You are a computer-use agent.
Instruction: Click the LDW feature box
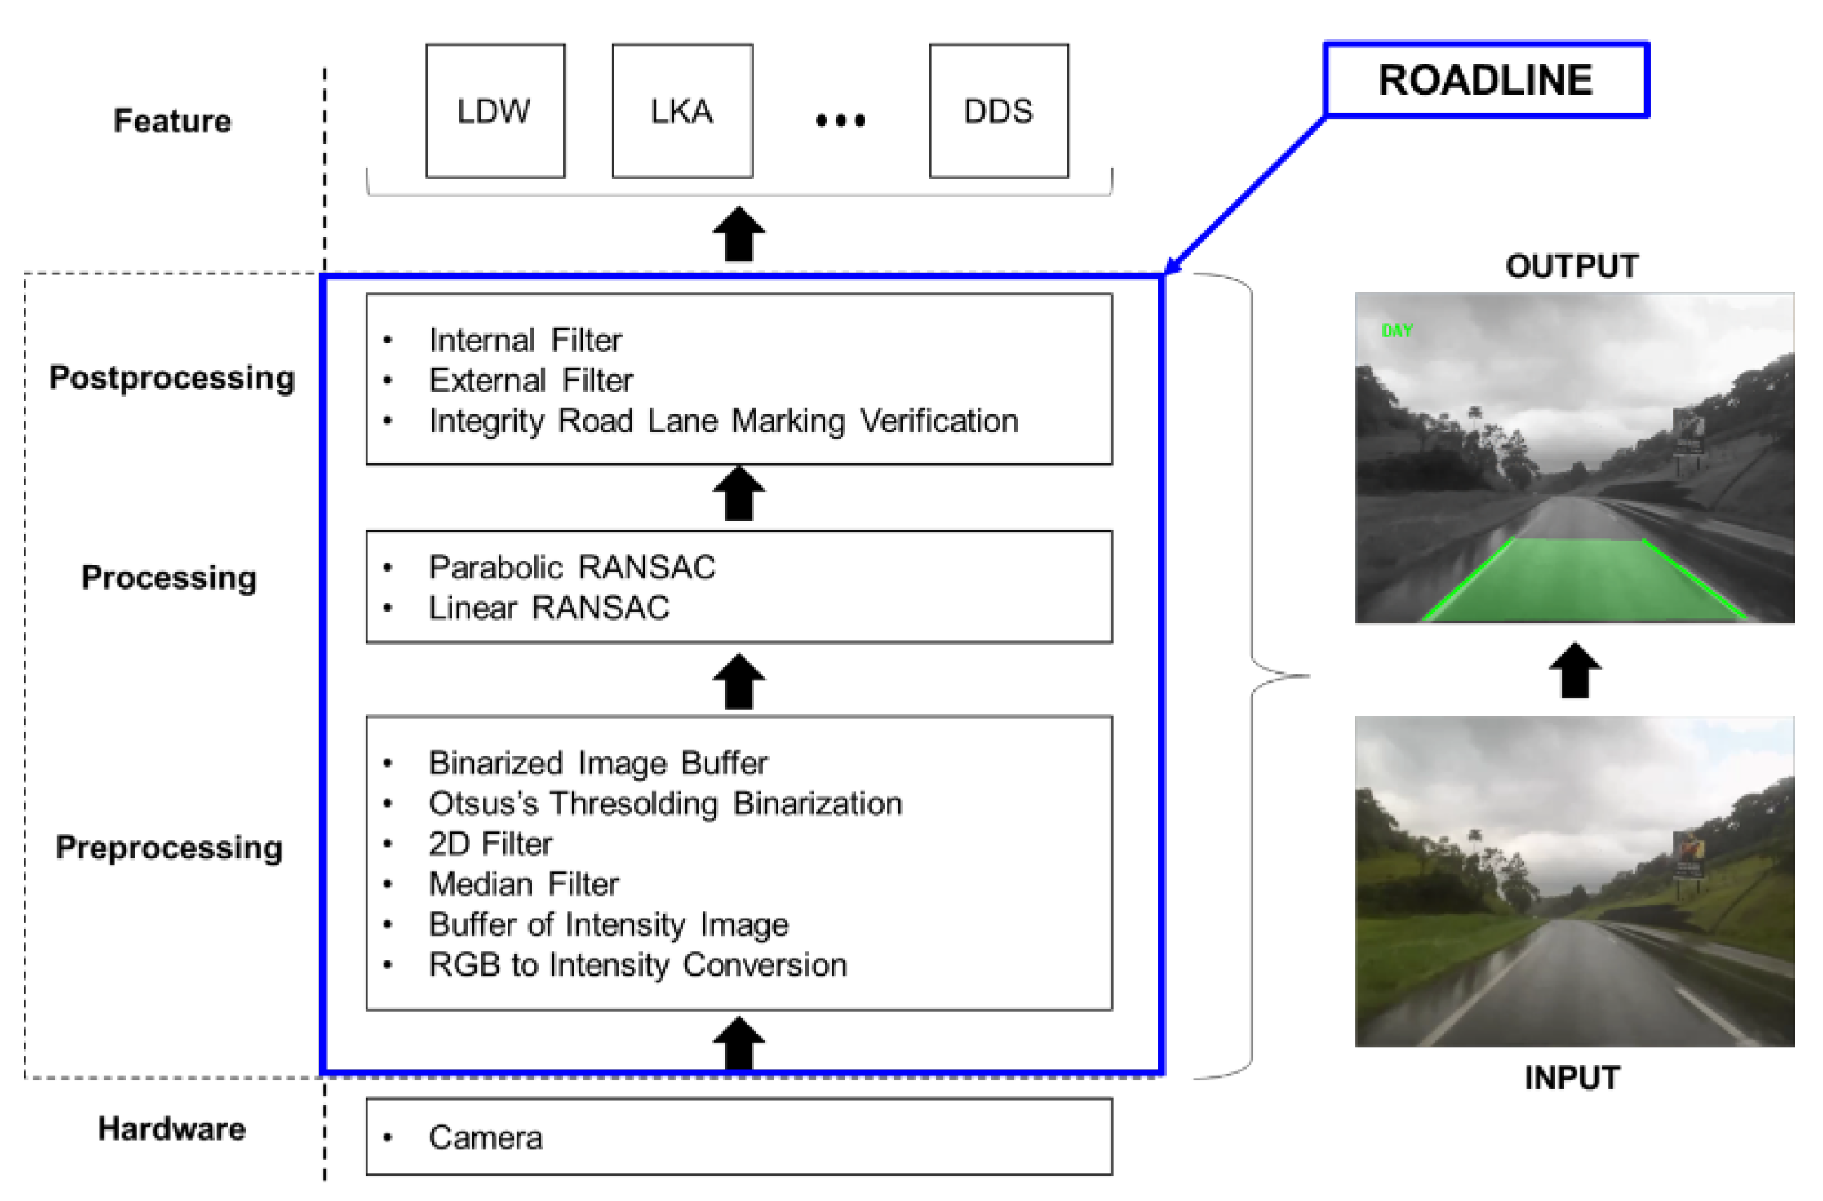[495, 111]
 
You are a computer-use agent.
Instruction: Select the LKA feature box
[682, 111]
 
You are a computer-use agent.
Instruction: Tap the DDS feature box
[999, 111]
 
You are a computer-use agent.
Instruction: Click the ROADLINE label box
[1486, 80]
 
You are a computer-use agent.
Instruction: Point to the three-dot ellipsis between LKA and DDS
[841, 121]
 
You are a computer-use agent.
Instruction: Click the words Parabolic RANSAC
[572, 567]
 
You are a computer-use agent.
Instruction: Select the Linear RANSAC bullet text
[549, 608]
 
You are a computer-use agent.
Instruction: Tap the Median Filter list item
[524, 884]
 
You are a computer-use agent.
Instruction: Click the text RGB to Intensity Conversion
[638, 965]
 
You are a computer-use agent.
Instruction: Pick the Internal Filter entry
[526, 340]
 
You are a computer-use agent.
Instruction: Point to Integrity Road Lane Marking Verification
[724, 421]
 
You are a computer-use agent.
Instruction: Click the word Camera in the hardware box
[486, 1137]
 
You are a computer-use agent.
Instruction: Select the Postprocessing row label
[171, 378]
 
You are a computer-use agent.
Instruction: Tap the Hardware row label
[171, 1129]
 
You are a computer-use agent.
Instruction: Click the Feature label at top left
[172, 121]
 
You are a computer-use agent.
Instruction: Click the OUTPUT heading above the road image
[1572, 266]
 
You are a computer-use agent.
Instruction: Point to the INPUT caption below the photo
[1572, 1078]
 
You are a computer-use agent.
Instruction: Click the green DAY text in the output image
[1397, 330]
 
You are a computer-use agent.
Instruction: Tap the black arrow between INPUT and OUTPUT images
[1574, 670]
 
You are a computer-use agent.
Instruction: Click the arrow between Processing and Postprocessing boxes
[739, 494]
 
